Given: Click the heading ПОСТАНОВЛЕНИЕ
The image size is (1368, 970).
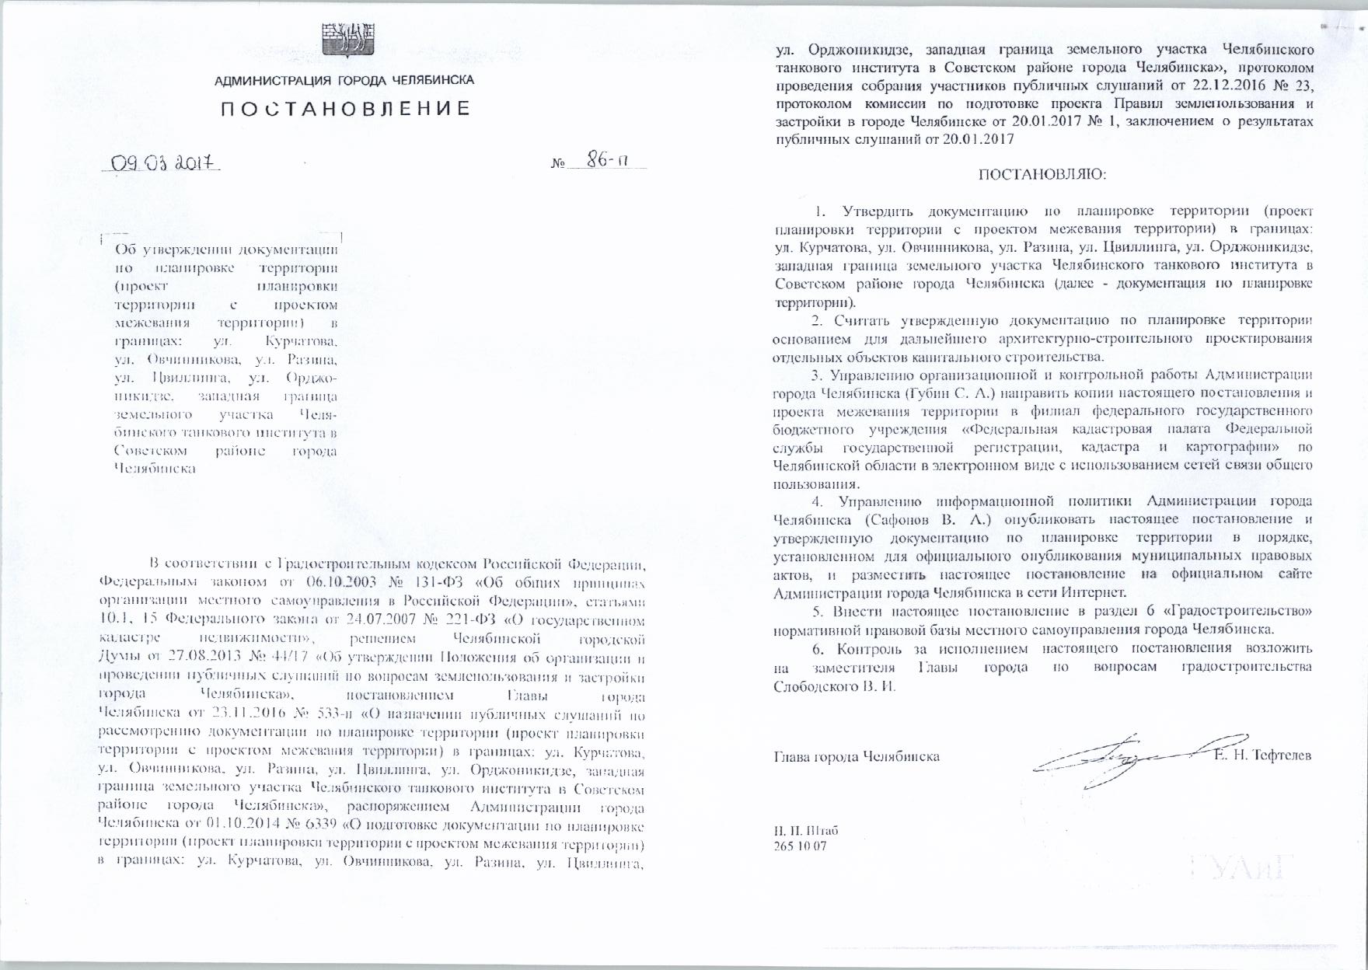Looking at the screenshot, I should coord(345,109).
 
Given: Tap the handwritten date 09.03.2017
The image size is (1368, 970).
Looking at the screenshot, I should coord(162,163).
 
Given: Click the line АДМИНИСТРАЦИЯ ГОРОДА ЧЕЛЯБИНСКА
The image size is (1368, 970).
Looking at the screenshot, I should coord(345,81).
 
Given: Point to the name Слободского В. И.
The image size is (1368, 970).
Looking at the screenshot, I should coord(835,687).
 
